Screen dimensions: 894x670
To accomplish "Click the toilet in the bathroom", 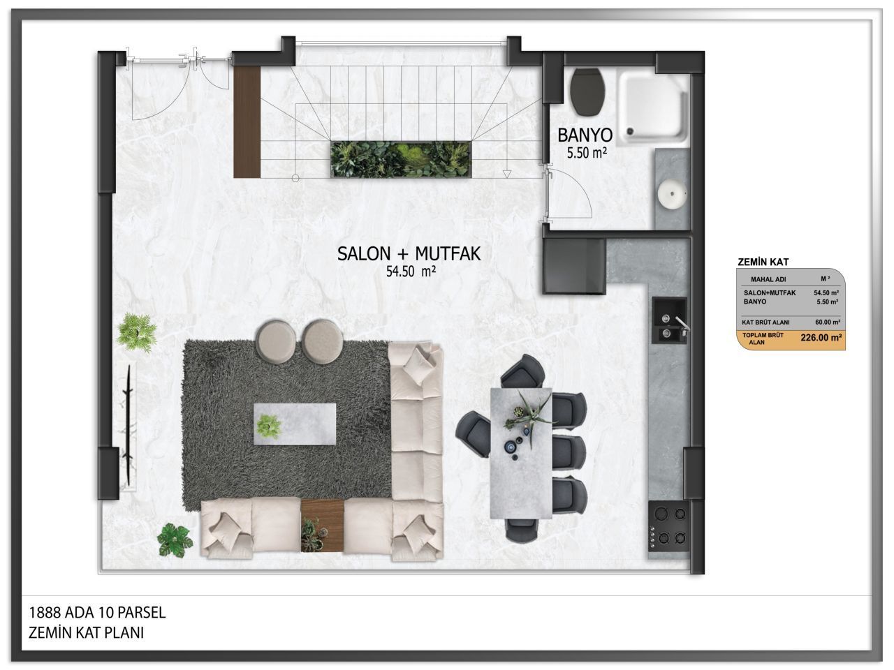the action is tap(587, 91).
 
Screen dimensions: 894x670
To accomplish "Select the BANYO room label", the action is tap(585, 135).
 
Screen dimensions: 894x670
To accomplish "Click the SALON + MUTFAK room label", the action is tap(409, 254).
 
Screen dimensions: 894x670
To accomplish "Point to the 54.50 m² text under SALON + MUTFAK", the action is tap(411, 271).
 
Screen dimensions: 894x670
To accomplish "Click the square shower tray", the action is tap(652, 107).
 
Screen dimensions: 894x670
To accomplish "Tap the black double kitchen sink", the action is tap(669, 320).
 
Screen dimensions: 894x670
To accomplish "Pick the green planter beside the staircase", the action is tap(401, 159).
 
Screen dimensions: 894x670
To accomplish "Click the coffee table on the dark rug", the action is tap(295, 424).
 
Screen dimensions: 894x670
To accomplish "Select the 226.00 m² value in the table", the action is tap(821, 338).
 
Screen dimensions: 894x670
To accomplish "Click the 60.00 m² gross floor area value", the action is tap(828, 322).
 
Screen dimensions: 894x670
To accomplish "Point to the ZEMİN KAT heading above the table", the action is tap(763, 262).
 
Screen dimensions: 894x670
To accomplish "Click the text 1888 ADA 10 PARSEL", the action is tap(97, 613).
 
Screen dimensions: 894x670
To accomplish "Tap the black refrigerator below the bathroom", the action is tap(574, 265).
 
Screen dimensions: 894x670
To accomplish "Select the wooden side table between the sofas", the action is tap(323, 526).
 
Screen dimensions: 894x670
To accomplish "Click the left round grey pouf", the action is tap(276, 341).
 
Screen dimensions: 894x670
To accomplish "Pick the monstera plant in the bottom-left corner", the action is tap(175, 539).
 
